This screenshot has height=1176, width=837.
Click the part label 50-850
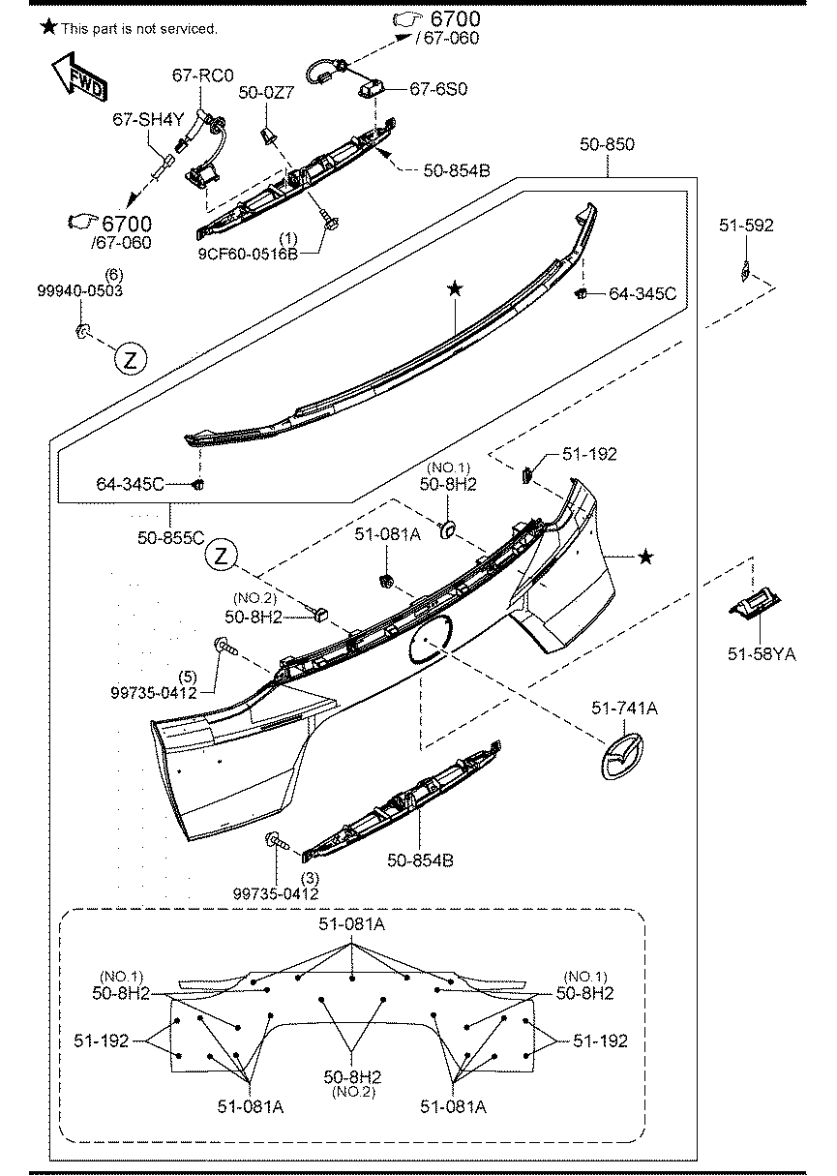[607, 144]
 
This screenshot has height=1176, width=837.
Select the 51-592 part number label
[746, 226]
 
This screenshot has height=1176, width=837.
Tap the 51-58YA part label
[762, 654]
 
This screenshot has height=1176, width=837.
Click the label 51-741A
[624, 709]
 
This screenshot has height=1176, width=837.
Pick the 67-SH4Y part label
[148, 119]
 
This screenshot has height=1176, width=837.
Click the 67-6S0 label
[438, 89]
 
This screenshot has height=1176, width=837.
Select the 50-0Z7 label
[266, 93]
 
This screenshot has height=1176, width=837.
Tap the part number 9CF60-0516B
[248, 254]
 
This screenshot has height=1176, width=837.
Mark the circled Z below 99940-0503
[130, 358]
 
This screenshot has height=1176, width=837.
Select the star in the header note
[49, 27]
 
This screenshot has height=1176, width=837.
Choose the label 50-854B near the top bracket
[457, 170]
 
